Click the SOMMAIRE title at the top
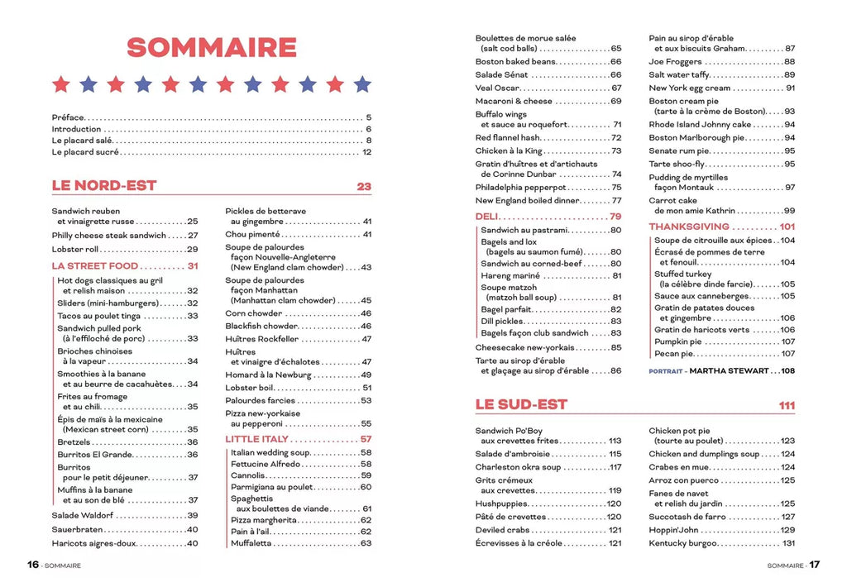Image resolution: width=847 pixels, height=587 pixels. pos(211,47)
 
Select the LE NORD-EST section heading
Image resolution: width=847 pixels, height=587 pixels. pos(103,186)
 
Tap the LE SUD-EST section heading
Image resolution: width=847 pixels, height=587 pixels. pos(521,404)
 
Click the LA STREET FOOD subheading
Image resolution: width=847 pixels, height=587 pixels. pos(95,266)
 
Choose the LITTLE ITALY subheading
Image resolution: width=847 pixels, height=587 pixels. pos(257,439)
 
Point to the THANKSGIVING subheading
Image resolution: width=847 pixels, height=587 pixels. pos(689,227)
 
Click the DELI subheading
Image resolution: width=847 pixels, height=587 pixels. pos(487,217)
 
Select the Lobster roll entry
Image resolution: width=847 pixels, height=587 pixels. pos(75,249)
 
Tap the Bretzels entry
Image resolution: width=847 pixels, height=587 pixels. pos(74,442)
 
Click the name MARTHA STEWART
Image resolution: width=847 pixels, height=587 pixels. pos(729,371)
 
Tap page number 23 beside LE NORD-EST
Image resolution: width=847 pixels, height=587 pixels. pos(364,187)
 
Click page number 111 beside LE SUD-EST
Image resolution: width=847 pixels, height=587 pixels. pos(787,405)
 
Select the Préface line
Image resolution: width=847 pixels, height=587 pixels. pos(68,117)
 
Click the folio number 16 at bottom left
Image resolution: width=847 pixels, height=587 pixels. pos(33,565)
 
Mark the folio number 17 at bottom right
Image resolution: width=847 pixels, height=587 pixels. pos(814,565)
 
